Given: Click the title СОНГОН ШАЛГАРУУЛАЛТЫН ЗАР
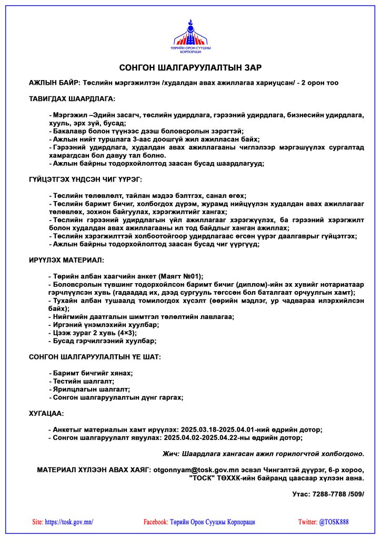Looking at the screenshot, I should click(x=190, y=68).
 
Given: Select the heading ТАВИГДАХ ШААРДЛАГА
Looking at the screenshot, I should click(x=72, y=98).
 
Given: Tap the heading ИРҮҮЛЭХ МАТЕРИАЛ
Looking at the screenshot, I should click(x=66, y=260).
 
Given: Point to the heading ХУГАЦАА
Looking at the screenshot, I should click(x=46, y=414).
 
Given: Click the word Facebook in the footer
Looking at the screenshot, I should click(x=155, y=522).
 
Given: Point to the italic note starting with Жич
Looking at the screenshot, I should click(x=263, y=453).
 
